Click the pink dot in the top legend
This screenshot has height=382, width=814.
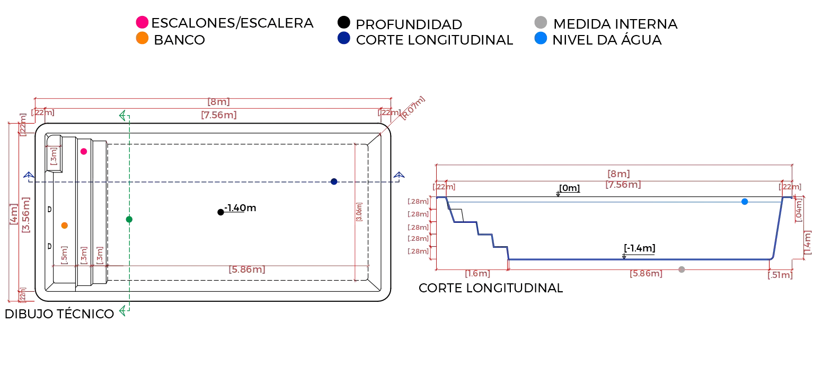142,22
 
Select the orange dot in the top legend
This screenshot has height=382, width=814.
142,38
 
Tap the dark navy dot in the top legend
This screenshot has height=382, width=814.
344,38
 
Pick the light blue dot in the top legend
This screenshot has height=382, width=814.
541,38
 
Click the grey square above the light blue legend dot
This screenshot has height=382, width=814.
542,21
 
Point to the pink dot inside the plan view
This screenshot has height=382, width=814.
84,152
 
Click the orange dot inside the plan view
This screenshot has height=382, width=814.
64,225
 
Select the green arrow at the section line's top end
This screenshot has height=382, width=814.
124,116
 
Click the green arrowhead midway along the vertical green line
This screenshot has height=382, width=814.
129,221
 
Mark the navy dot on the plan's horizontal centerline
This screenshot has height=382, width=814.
334,183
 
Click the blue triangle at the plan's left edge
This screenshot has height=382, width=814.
29,175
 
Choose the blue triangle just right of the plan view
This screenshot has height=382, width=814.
399,176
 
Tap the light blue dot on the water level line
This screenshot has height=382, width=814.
745,202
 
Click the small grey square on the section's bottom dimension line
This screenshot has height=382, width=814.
682,270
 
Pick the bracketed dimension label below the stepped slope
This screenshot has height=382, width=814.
477,275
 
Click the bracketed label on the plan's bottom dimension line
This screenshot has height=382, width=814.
247,270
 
